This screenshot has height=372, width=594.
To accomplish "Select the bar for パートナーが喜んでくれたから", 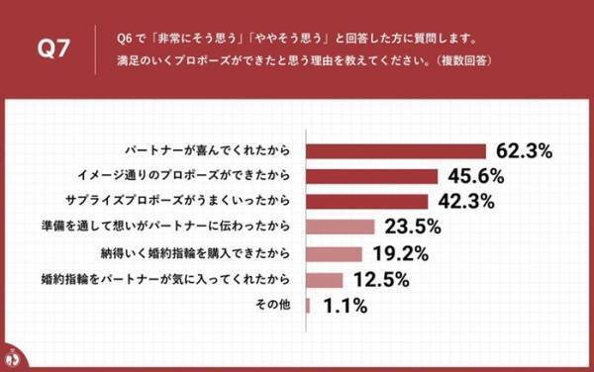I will [x=397, y=150].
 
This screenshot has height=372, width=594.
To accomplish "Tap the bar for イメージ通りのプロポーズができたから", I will [x=373, y=176].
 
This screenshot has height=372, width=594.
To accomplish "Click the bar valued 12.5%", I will [x=326, y=279].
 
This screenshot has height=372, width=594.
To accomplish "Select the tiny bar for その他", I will [x=309, y=305].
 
